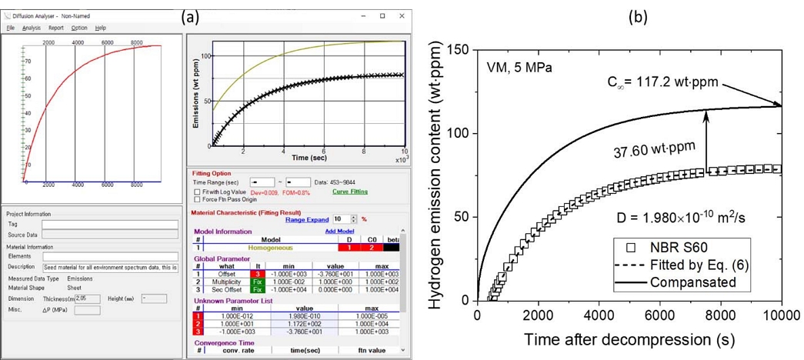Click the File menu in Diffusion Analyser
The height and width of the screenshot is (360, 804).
point(10,28)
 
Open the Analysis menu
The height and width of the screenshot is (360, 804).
point(32,28)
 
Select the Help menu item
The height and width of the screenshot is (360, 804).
point(101,28)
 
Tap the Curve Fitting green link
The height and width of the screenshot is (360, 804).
point(349,192)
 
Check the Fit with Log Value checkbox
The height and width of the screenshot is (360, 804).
point(197,192)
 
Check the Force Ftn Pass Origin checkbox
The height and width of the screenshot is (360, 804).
point(197,199)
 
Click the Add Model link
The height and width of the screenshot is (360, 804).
point(339,231)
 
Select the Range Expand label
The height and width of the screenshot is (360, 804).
point(307,219)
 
